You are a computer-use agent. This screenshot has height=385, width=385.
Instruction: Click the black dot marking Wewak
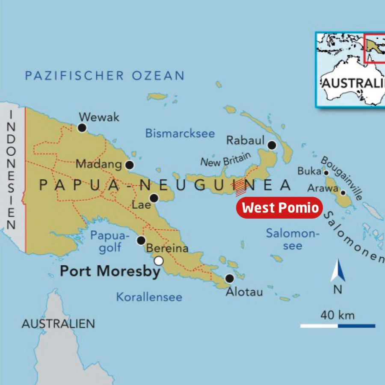(82, 127)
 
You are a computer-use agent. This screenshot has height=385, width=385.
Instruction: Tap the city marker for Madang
(130, 165)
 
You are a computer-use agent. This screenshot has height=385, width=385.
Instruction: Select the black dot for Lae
(154, 198)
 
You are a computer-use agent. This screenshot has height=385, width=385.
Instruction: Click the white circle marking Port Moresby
(159, 261)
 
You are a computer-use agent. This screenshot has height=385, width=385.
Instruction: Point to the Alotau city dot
(230, 278)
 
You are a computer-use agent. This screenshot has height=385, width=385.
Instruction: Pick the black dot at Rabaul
(272, 145)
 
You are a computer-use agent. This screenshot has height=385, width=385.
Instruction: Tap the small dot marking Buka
(326, 173)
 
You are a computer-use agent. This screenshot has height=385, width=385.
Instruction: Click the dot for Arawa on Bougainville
(343, 192)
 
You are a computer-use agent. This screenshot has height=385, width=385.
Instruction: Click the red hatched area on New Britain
(241, 187)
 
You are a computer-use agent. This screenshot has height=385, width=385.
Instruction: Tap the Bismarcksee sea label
(180, 133)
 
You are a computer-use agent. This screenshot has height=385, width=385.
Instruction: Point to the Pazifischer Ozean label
(104, 76)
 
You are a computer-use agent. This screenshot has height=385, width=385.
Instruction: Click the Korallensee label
(149, 297)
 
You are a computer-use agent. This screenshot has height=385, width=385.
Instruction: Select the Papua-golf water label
(110, 241)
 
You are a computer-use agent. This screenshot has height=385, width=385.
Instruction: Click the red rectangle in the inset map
(374, 48)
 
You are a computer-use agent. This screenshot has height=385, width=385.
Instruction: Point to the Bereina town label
(167, 249)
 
